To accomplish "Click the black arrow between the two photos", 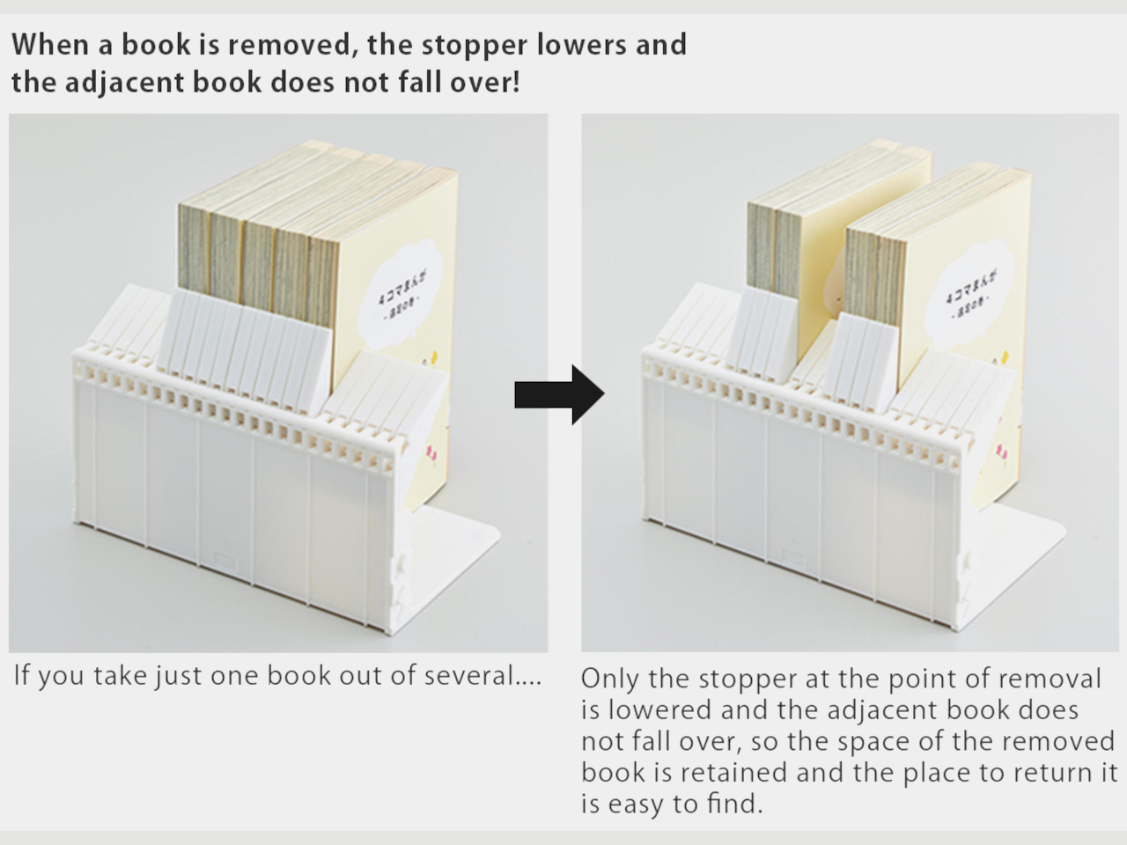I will coord(560,395).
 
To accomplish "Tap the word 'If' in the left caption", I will coord(23,676).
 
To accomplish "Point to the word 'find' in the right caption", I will coord(733,804).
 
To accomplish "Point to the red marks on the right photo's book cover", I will coord(1001,452).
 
